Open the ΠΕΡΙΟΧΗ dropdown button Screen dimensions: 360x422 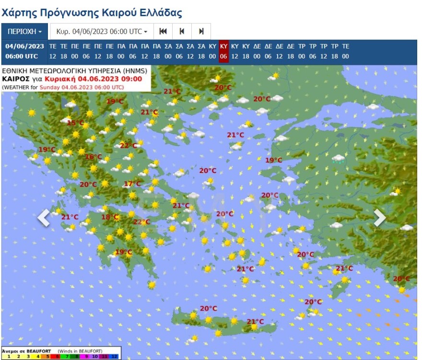pyautogui.click(x=24, y=32)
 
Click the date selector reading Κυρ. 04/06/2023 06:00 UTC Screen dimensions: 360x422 pyautogui.click(x=102, y=32)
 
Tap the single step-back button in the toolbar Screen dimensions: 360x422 pyautogui.click(x=182, y=32)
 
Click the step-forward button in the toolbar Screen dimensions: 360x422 pyautogui.click(x=201, y=32)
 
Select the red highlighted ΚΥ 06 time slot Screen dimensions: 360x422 pyautogui.click(x=223, y=51)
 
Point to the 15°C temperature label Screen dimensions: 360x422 pyautogui.click(x=75, y=123)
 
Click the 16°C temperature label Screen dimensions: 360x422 pyautogui.click(x=93, y=157)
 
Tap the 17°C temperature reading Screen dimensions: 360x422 pyautogui.click(x=132, y=184)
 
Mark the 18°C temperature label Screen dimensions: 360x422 pyautogui.click(x=110, y=217)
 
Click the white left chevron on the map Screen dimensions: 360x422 pyautogui.click(x=44, y=217)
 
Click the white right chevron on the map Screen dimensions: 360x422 pyautogui.click(x=379, y=217)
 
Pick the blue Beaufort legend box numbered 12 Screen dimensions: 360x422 pyautogui.click(x=114, y=357)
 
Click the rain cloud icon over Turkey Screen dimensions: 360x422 pyautogui.click(x=339, y=159)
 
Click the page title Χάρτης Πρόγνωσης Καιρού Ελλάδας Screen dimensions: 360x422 pyautogui.click(x=92, y=12)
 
